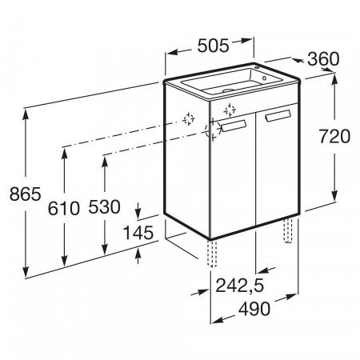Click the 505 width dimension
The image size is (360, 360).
click(213, 46)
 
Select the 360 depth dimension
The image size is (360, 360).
click(323, 59)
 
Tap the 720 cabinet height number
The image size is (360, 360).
click(334, 136)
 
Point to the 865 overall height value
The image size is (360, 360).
click(26, 194)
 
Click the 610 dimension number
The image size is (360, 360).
click(64, 208)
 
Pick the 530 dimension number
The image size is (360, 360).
click(104, 206)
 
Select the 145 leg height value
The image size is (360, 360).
click(138, 233)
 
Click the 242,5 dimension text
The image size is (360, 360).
click(239, 286)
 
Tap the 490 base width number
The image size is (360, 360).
click(254, 309)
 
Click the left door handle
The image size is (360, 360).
click(234, 126)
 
